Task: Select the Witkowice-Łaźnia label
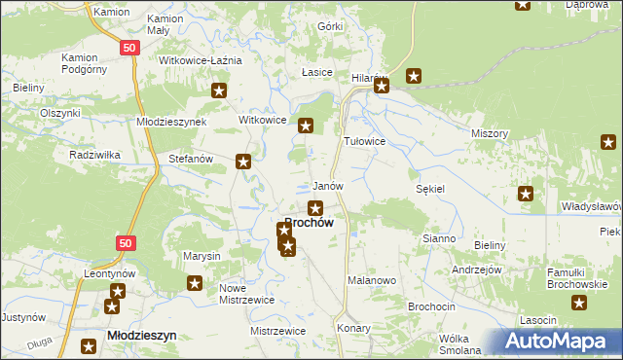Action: (x=201, y=60)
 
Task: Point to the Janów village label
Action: (x=327, y=186)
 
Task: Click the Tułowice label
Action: (x=366, y=141)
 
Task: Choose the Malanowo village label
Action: (x=371, y=280)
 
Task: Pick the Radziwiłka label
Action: (x=94, y=155)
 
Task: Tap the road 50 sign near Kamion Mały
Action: (x=129, y=47)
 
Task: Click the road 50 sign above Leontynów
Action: (x=124, y=242)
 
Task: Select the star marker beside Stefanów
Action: (x=244, y=162)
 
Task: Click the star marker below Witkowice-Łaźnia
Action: (x=220, y=90)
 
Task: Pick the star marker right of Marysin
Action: (x=195, y=283)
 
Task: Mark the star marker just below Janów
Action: (x=315, y=207)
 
